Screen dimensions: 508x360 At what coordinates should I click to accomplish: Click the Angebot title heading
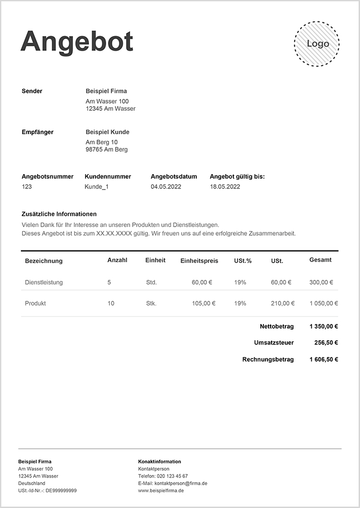[77, 42]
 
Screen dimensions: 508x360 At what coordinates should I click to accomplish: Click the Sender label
[32, 91]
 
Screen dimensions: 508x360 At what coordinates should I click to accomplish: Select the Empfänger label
[38, 132]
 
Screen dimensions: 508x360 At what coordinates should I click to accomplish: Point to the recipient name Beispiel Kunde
[107, 132]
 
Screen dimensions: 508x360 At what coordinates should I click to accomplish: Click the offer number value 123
[27, 187]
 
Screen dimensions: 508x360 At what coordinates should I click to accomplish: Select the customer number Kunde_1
[97, 187]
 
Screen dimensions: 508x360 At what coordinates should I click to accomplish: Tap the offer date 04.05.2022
[166, 187]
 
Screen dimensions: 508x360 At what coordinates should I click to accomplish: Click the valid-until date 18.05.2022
[225, 187]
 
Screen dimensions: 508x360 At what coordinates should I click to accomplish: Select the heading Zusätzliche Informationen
[59, 214]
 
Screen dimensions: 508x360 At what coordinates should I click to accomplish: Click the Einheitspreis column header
[199, 261]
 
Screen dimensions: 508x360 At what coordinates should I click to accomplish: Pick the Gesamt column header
[320, 260]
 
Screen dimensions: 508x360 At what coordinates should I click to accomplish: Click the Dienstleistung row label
[44, 282]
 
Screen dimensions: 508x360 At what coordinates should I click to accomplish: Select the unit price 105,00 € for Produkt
[203, 304]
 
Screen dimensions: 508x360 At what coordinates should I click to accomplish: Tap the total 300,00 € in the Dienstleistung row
[321, 282]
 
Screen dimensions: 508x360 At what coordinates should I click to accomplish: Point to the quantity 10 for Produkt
[111, 304]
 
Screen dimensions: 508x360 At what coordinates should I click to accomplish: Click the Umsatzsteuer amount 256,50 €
[326, 343]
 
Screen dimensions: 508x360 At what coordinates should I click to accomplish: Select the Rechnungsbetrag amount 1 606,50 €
[323, 360]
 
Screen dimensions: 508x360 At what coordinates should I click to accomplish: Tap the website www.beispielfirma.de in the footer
[161, 491]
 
